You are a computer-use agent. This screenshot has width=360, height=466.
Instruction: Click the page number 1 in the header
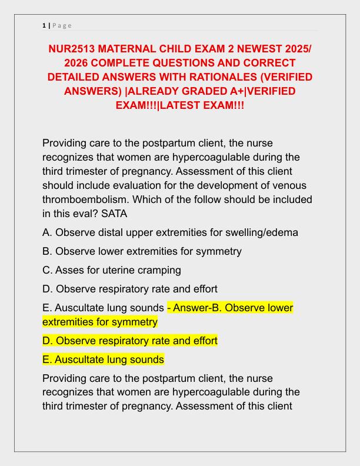point(44,25)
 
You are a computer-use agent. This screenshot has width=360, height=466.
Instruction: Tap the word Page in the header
point(62,25)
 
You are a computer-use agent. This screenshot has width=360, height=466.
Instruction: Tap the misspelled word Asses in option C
point(69,270)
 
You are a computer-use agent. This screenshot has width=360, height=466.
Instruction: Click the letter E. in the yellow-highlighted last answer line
point(48,360)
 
